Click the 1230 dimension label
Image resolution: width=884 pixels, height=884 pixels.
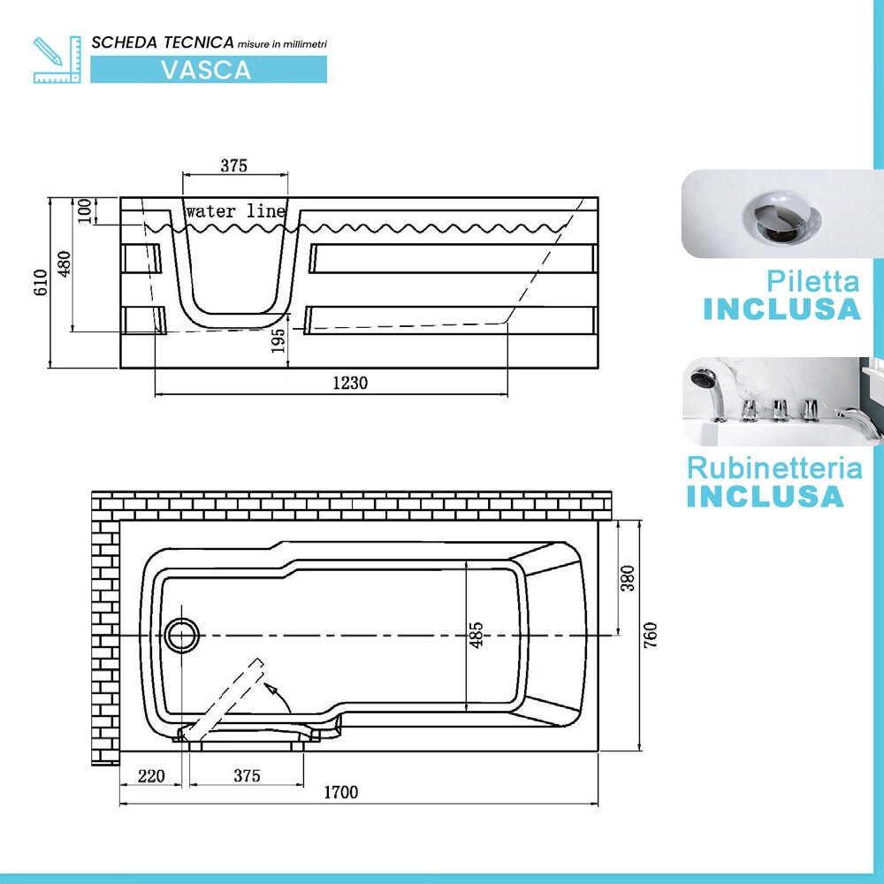[x=350, y=383]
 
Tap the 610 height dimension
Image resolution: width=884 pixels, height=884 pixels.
[x=41, y=283]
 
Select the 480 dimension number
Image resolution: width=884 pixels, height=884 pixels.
[x=65, y=263]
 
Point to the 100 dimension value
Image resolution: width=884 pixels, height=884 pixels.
[x=84, y=210]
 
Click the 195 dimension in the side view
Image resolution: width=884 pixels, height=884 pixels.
[x=278, y=340]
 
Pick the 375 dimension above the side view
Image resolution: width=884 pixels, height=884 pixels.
[x=234, y=165]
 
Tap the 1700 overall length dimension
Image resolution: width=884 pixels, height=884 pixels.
[x=341, y=792]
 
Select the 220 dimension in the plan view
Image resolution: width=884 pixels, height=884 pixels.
[x=152, y=776]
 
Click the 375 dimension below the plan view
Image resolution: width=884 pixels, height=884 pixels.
[x=248, y=775]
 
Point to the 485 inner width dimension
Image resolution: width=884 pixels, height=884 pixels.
[x=477, y=635]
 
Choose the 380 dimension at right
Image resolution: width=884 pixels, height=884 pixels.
[x=628, y=578]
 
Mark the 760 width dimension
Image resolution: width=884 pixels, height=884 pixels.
[x=650, y=635]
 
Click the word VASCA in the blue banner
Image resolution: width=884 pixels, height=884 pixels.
[x=206, y=70]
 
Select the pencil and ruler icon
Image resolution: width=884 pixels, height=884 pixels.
[x=57, y=60]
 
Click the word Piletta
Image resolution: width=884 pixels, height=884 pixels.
[x=813, y=281]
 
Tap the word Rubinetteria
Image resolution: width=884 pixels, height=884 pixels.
[x=774, y=468]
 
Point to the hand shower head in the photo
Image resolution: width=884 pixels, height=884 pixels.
[x=705, y=376]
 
